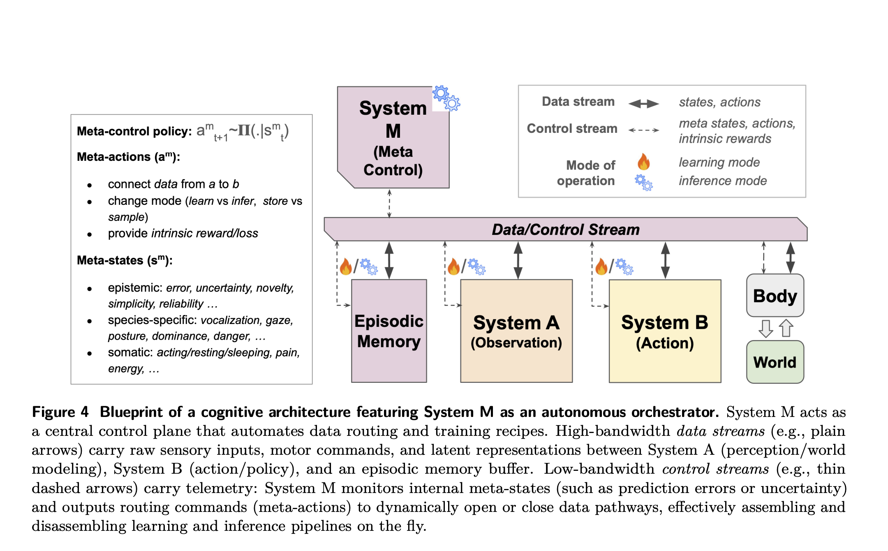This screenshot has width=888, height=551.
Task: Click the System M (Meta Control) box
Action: pyautogui.click(x=393, y=138)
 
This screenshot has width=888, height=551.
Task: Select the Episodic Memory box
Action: pyautogui.click(x=389, y=331)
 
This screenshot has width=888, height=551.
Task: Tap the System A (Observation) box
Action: pyautogui.click(x=516, y=331)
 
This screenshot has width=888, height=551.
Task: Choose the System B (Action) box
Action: pyautogui.click(x=665, y=331)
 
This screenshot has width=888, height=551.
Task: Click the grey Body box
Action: pyautogui.click(x=775, y=295)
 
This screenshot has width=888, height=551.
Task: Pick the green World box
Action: pyautogui.click(x=775, y=362)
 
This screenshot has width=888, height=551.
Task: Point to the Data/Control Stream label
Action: pyautogui.click(x=566, y=229)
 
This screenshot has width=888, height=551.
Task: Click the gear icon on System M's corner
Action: pyautogui.click(x=446, y=98)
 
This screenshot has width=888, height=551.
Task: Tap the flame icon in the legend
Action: pyautogui.click(x=644, y=162)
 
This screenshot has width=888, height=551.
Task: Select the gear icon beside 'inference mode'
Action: pyautogui.click(x=644, y=183)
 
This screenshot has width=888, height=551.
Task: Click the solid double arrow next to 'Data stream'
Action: pyautogui.click(x=644, y=104)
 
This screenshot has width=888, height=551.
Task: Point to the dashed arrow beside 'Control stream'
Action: pyautogui.click(x=644, y=130)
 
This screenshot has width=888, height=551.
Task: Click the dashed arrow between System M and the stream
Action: pyautogui.click(x=389, y=204)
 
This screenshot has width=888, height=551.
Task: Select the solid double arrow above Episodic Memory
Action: pyautogui.click(x=389, y=260)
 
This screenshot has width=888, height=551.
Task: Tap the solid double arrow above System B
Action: pyautogui.click(x=665, y=260)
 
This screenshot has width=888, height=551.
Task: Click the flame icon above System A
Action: pyautogui.click(x=453, y=266)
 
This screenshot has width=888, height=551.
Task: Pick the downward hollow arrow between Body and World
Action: pyautogui.click(x=765, y=329)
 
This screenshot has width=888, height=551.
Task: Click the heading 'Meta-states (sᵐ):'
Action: pyautogui.click(x=125, y=260)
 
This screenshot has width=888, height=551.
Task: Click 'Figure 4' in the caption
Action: pyautogui.click(x=60, y=412)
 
